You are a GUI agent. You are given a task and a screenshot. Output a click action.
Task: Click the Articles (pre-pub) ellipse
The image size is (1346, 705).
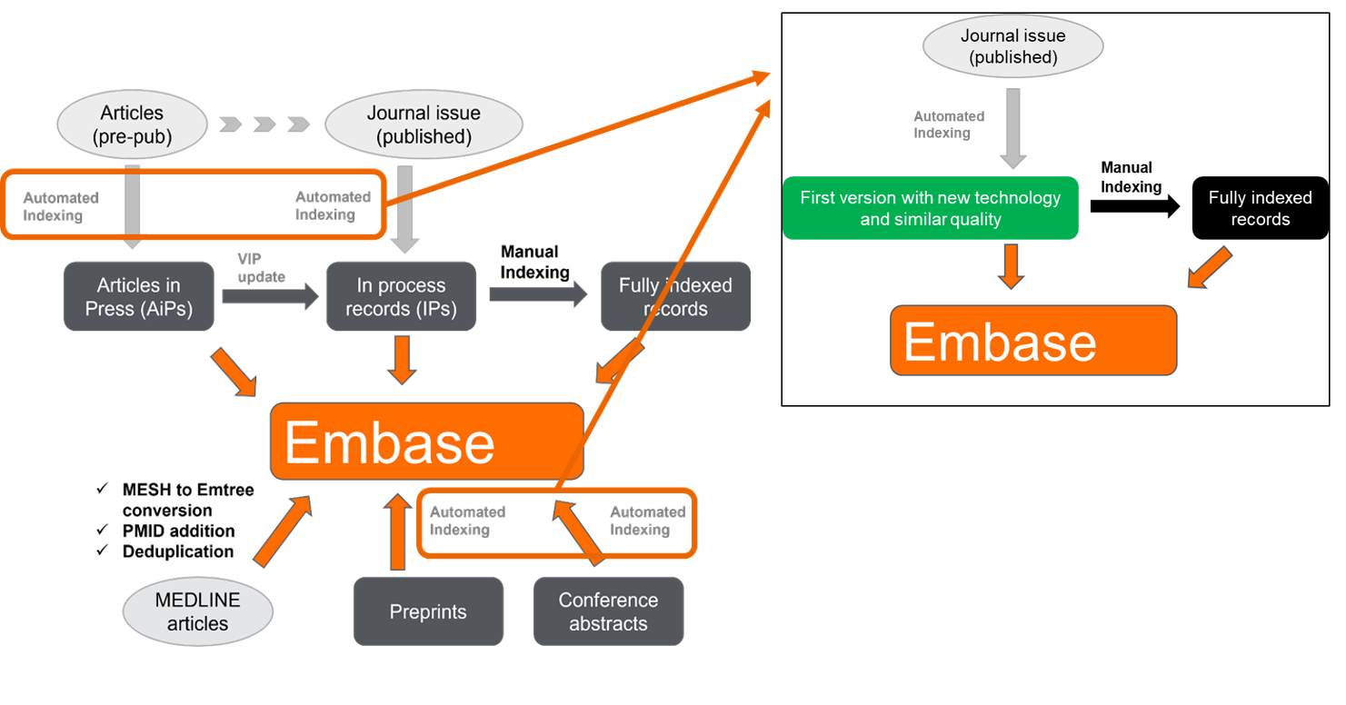[x=133, y=125]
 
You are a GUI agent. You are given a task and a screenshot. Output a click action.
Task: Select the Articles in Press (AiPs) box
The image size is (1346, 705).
[x=140, y=297]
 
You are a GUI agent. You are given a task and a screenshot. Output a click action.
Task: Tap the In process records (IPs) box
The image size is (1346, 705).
[x=401, y=297]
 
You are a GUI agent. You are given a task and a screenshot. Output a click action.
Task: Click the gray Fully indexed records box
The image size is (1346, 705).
[x=675, y=297]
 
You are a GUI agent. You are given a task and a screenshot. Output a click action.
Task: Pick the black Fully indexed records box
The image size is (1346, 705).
[x=1260, y=209]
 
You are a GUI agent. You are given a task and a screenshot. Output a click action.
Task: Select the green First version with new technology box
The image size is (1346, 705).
[x=930, y=209]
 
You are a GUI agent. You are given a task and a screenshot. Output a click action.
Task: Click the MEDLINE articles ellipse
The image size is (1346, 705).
[x=197, y=611]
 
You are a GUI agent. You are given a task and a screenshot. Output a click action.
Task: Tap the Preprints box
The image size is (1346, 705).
[x=428, y=611]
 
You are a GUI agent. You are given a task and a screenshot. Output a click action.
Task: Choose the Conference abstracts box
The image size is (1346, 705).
[x=608, y=611]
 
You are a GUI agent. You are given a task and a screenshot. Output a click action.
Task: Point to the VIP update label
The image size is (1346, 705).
[x=261, y=268]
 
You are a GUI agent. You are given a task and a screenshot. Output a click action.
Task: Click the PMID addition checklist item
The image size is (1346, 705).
[x=178, y=531]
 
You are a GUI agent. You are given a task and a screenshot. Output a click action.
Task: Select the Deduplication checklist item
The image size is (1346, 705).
[x=177, y=551]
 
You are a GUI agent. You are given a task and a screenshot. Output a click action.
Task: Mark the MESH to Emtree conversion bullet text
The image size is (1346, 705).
[x=187, y=500]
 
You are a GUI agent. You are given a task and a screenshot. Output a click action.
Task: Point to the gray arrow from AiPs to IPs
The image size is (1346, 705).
[x=270, y=297]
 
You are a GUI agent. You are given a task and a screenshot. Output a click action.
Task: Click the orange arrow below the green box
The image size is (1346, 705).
[x=1012, y=266]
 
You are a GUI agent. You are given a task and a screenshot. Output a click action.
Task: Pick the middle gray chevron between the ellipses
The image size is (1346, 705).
[x=264, y=124]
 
